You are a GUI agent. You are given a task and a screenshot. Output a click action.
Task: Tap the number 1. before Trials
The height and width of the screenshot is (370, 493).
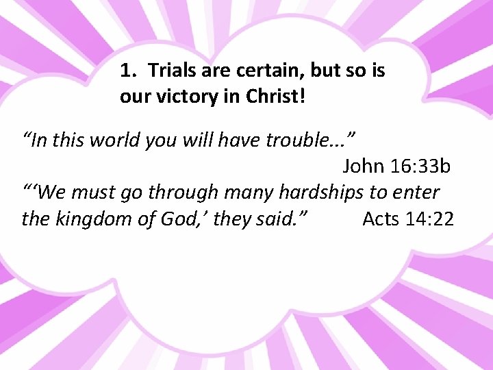128,70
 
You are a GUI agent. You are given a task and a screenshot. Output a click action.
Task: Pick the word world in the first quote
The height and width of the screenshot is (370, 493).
118,140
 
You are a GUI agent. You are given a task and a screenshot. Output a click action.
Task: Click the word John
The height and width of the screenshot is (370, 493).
364,166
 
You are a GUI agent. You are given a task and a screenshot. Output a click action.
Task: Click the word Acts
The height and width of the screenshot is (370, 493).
382,219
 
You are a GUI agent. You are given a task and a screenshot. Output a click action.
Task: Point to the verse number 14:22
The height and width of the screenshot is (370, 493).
431,219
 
